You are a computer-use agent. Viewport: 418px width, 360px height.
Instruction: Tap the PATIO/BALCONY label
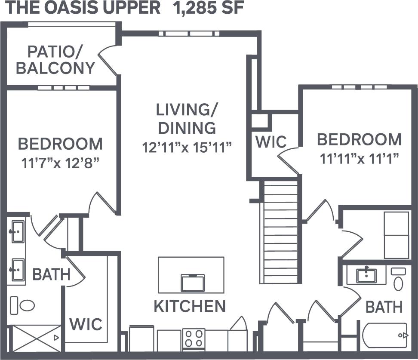click(55, 60)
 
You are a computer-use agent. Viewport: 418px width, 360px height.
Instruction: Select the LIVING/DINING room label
click(187, 119)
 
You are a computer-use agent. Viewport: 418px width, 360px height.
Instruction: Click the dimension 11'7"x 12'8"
click(60, 163)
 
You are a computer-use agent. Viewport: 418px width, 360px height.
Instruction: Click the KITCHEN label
click(190, 306)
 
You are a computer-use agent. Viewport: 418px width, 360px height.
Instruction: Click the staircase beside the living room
click(280, 232)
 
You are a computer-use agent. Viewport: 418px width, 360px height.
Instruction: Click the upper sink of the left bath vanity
click(18, 232)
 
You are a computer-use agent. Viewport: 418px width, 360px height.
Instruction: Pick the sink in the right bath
click(366, 275)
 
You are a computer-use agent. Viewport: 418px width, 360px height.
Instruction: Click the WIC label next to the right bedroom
click(270, 142)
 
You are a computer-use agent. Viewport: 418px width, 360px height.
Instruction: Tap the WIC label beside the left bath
click(86, 324)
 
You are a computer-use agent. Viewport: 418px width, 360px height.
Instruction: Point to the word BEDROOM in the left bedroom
click(60, 143)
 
